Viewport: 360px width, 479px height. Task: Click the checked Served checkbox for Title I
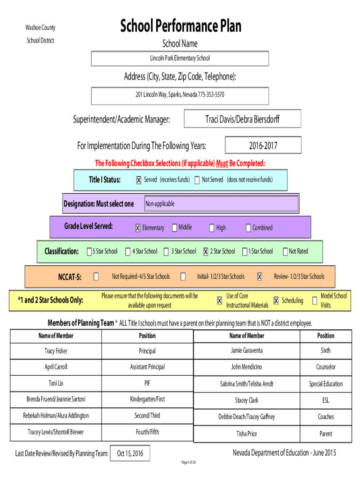coord(139,180)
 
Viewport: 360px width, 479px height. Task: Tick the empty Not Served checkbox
coord(197,180)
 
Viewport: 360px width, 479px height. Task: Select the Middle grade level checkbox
coord(174,228)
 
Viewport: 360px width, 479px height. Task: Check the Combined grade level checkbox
coord(248,228)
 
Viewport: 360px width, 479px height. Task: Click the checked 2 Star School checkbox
coord(206,251)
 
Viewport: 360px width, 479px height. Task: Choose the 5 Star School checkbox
coord(89,251)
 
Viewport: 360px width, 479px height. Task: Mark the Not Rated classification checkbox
coord(285,251)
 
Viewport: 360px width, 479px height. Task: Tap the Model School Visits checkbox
coord(315,301)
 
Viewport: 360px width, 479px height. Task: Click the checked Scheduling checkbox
coord(276,301)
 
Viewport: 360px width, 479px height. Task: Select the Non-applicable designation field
coord(221,203)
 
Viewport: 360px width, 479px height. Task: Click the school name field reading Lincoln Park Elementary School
coord(180,58)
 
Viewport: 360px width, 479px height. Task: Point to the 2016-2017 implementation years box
coord(263,145)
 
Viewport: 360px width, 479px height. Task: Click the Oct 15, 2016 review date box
coord(130,453)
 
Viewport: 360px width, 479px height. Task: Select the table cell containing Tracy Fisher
coord(56,351)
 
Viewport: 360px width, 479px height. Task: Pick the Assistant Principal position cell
coord(147,367)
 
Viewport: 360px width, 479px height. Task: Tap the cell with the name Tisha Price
coord(247,434)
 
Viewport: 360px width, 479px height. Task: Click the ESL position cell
coord(326,400)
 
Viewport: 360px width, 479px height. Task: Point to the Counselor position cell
coord(326,367)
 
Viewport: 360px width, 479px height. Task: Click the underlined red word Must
coord(222,163)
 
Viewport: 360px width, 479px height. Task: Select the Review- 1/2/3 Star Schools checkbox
coord(259,277)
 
